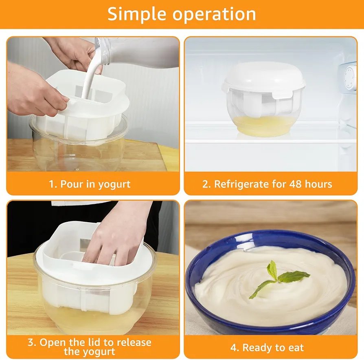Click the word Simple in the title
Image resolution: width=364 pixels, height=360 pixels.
[136, 14]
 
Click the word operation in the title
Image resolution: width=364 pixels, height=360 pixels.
[214, 14]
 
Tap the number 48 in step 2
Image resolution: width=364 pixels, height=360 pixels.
[295, 184]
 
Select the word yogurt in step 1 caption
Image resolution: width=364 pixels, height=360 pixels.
[114, 185]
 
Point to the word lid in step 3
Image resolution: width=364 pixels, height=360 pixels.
[94, 342]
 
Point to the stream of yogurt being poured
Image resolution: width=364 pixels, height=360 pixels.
[90, 79]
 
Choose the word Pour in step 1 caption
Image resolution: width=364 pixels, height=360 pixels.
[72, 184]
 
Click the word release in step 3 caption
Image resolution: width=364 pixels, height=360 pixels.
[134, 342]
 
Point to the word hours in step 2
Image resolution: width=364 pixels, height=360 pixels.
[318, 184]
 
